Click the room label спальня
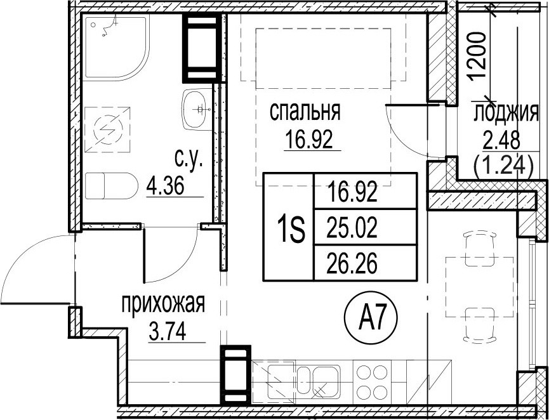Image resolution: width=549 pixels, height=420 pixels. [x=305, y=112]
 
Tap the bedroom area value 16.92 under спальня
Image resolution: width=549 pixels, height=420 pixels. [x=308, y=139]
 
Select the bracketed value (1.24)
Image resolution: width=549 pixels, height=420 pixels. [x=503, y=166]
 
